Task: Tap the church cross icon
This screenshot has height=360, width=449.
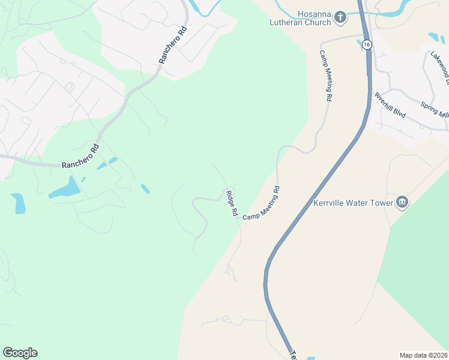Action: (340, 17)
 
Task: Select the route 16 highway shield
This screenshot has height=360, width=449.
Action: (367, 44)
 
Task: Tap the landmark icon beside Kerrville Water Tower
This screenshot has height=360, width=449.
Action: (402, 203)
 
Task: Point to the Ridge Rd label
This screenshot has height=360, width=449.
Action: (232, 203)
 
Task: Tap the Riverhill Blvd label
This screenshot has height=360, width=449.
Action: (390, 106)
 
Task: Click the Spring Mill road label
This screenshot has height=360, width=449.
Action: (435, 110)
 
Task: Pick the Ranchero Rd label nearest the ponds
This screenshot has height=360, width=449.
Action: (81, 155)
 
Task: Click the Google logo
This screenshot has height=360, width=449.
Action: (20, 353)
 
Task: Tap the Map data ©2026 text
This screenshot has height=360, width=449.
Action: (423, 355)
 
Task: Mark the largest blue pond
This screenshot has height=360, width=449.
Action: (64, 189)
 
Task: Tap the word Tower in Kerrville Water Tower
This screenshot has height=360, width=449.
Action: (382, 203)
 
